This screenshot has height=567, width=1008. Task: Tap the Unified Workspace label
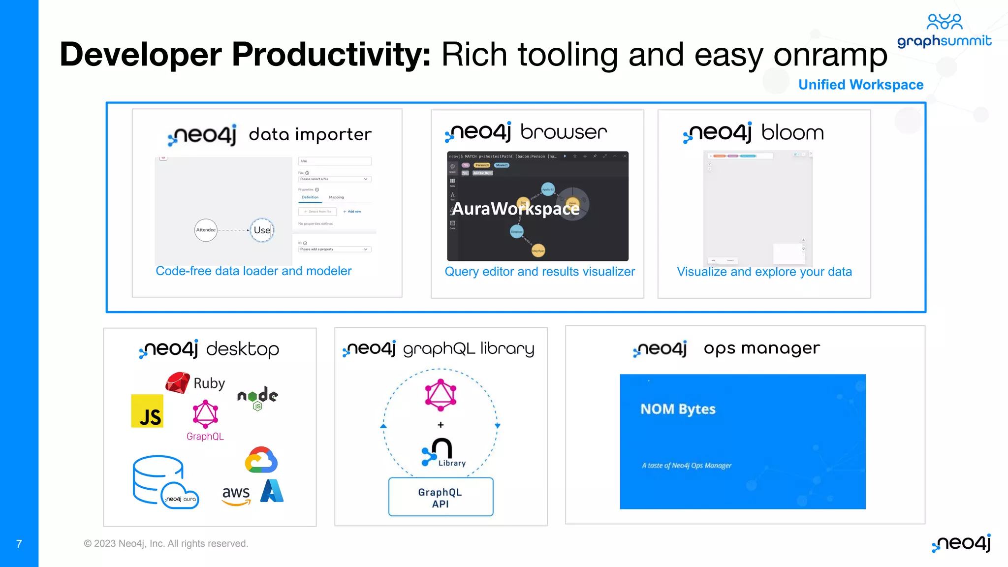coord(860,85)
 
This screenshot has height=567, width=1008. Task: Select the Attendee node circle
coord(206,230)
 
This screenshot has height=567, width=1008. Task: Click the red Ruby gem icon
coord(178,382)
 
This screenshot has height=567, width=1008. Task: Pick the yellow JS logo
coord(147,411)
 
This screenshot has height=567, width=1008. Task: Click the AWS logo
coord(236,494)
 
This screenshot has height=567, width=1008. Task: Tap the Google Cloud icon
coord(261,460)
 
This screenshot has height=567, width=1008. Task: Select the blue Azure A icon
coord(272,491)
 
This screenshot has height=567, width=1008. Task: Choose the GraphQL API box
coord(441,497)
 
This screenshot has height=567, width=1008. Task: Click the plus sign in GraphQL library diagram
coord(441,425)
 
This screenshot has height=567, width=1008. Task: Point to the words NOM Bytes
coord(678,409)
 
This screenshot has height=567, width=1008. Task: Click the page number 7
coord(19,544)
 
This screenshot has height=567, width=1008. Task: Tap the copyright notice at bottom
coord(166,543)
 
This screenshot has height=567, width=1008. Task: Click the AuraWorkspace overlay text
coord(515,209)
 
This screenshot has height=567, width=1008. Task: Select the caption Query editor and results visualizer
coord(539,272)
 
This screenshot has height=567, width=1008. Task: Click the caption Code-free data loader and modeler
coord(253,271)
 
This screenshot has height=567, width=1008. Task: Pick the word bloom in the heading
coord(792,132)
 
